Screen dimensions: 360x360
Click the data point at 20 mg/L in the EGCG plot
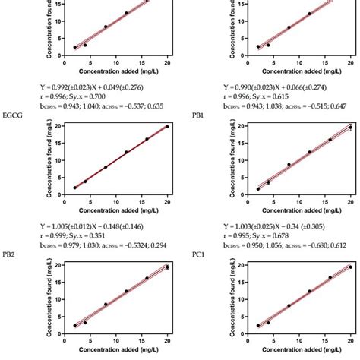coord(167,127)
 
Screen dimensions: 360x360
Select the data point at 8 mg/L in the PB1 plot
coord(289,164)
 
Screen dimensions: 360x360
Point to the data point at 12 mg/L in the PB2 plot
coord(126,291)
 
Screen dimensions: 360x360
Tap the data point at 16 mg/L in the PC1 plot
coord(330,277)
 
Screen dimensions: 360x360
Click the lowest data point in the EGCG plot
coord(74,188)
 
